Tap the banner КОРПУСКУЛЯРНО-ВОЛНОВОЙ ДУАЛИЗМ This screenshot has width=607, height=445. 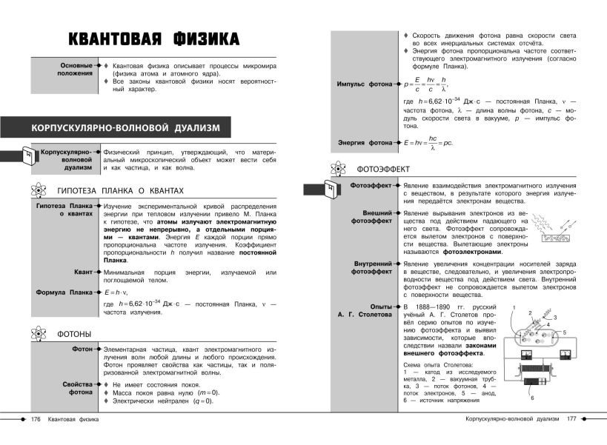[x=126, y=128]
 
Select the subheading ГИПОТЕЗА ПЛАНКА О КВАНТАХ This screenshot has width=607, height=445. [x=120, y=191]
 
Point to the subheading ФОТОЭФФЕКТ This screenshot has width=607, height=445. [x=383, y=169]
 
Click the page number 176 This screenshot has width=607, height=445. [x=35, y=420]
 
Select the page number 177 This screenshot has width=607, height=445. [x=571, y=420]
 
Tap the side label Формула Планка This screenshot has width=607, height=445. [x=64, y=292]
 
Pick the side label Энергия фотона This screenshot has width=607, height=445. [x=365, y=142]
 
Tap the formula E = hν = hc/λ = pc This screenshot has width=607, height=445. [x=428, y=141]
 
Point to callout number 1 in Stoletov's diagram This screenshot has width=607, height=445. [x=514, y=306]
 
